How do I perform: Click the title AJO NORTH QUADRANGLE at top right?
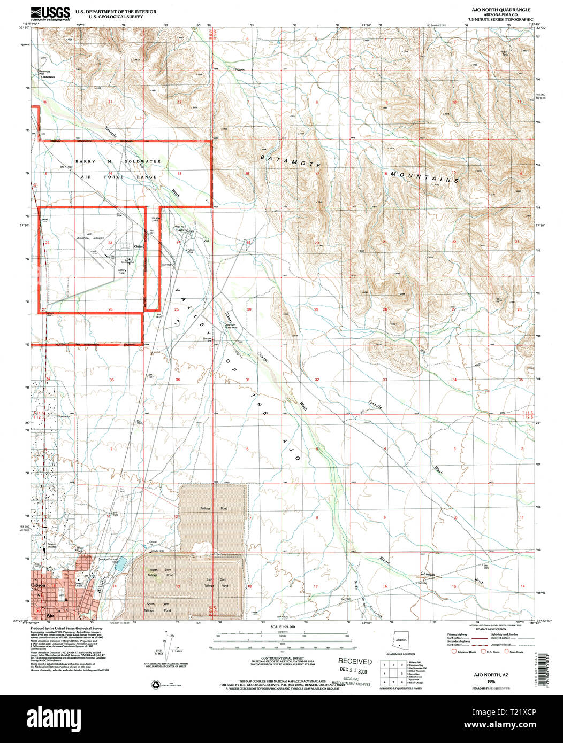(x=501, y=10)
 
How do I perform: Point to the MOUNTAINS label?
(x=424, y=177)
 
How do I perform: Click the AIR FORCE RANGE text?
(x=118, y=176)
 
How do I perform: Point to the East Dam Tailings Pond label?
(x=218, y=583)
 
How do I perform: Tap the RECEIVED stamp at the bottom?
(x=354, y=661)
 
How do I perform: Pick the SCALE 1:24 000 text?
(x=283, y=626)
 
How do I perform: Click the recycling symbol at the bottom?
(x=155, y=683)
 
